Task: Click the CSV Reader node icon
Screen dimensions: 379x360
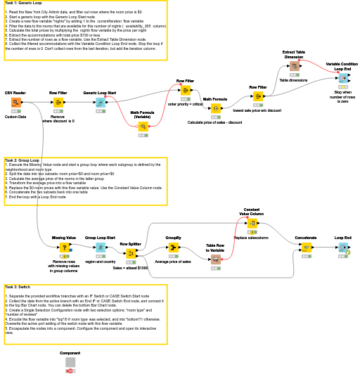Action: point(15,103)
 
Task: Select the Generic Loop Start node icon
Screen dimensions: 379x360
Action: point(100,103)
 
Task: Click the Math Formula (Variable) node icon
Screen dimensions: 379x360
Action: point(143,127)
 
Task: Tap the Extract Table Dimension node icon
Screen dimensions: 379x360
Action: point(294,67)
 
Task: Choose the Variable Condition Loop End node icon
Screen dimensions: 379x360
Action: point(343,78)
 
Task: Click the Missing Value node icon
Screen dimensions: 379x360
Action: point(64,248)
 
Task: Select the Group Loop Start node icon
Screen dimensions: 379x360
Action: point(100,248)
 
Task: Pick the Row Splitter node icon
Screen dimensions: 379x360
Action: point(131,254)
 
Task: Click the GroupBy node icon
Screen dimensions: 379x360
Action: point(173,248)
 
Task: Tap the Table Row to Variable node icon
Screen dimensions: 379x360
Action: point(215,260)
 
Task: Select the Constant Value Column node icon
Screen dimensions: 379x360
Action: point(251,224)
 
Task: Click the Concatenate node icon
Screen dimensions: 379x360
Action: point(305,248)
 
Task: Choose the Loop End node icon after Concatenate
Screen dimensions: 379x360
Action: point(342,248)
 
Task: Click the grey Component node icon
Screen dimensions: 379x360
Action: point(70,362)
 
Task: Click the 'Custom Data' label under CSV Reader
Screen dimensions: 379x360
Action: point(15,117)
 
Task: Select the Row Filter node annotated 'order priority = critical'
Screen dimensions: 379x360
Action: point(186,91)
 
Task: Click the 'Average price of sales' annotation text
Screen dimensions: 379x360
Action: point(173,262)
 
